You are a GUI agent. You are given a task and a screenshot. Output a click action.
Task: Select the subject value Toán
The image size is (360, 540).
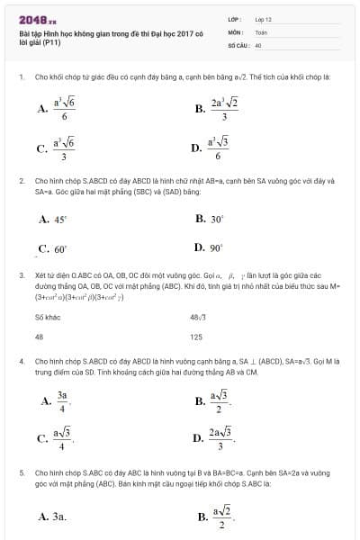pyautogui.click(x=261, y=31)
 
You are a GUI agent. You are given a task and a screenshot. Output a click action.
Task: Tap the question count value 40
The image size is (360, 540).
pyautogui.click(x=258, y=44)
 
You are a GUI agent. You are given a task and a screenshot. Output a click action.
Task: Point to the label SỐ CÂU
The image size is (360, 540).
pyautogui.click(x=238, y=44)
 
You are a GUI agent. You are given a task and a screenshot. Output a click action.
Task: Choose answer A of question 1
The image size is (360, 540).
pyautogui.click(x=56, y=109)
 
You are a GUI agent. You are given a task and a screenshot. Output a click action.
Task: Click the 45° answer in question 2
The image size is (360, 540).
pyautogui.click(x=54, y=219)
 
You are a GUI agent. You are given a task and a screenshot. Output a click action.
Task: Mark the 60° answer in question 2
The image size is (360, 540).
pyautogui.click(x=53, y=248)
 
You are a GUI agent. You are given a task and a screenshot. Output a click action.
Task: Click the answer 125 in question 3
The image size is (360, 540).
pyautogui.click(x=196, y=337)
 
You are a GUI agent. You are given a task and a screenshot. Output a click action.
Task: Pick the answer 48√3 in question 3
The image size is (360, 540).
pyautogui.click(x=199, y=317)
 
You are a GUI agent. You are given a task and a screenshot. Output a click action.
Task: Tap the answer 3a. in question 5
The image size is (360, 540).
pyautogui.click(x=53, y=517)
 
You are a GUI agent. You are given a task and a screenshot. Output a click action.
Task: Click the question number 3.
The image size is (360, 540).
pyautogui.click(x=21, y=274)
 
